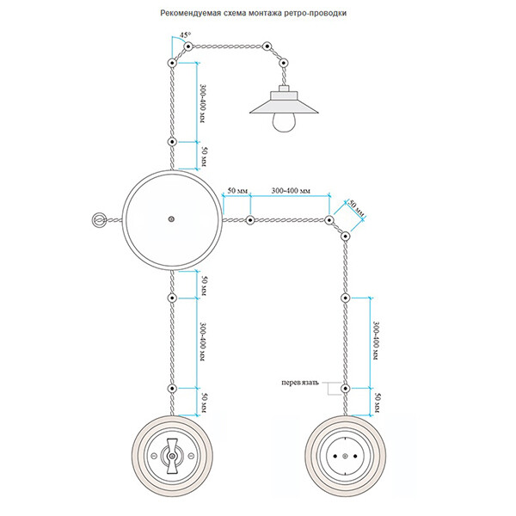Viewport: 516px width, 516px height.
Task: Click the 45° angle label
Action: point(185,36)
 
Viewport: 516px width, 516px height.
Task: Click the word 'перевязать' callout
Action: point(301,381)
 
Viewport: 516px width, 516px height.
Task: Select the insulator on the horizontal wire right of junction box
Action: point(249,221)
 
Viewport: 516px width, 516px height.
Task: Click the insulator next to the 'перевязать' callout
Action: point(344,388)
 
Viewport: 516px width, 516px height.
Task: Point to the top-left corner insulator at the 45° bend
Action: point(172,63)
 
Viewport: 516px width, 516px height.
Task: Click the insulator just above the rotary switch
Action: point(172,388)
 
